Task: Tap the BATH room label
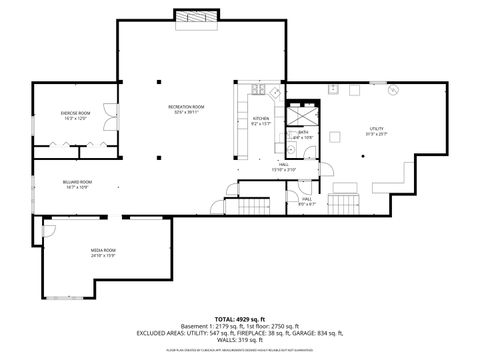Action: click(302, 133)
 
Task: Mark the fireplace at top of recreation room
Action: click(188, 16)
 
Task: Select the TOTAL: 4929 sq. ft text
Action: click(240, 317)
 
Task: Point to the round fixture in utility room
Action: click(393, 89)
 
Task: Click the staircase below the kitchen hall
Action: click(253, 206)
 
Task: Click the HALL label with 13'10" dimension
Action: click(284, 166)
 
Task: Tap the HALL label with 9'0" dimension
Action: click(307, 200)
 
